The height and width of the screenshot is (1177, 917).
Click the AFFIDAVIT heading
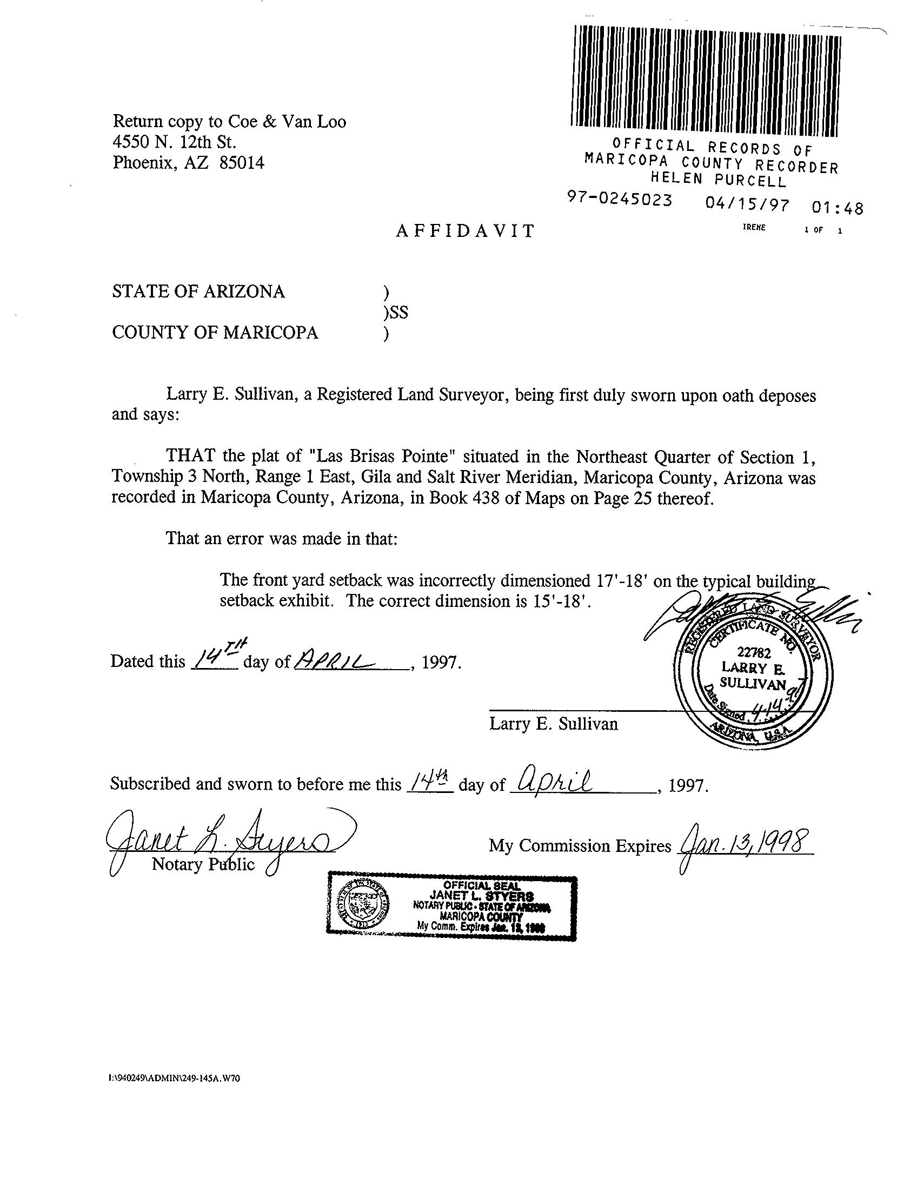coord(465,231)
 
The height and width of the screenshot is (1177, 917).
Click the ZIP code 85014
coord(242,163)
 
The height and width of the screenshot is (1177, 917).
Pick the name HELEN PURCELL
coord(719,178)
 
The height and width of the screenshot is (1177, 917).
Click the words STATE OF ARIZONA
coord(198,292)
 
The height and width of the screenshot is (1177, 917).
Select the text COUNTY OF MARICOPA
coord(215,332)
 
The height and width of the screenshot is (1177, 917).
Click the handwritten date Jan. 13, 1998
coord(745,841)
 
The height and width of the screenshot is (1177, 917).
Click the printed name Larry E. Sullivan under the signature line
coord(553,724)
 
